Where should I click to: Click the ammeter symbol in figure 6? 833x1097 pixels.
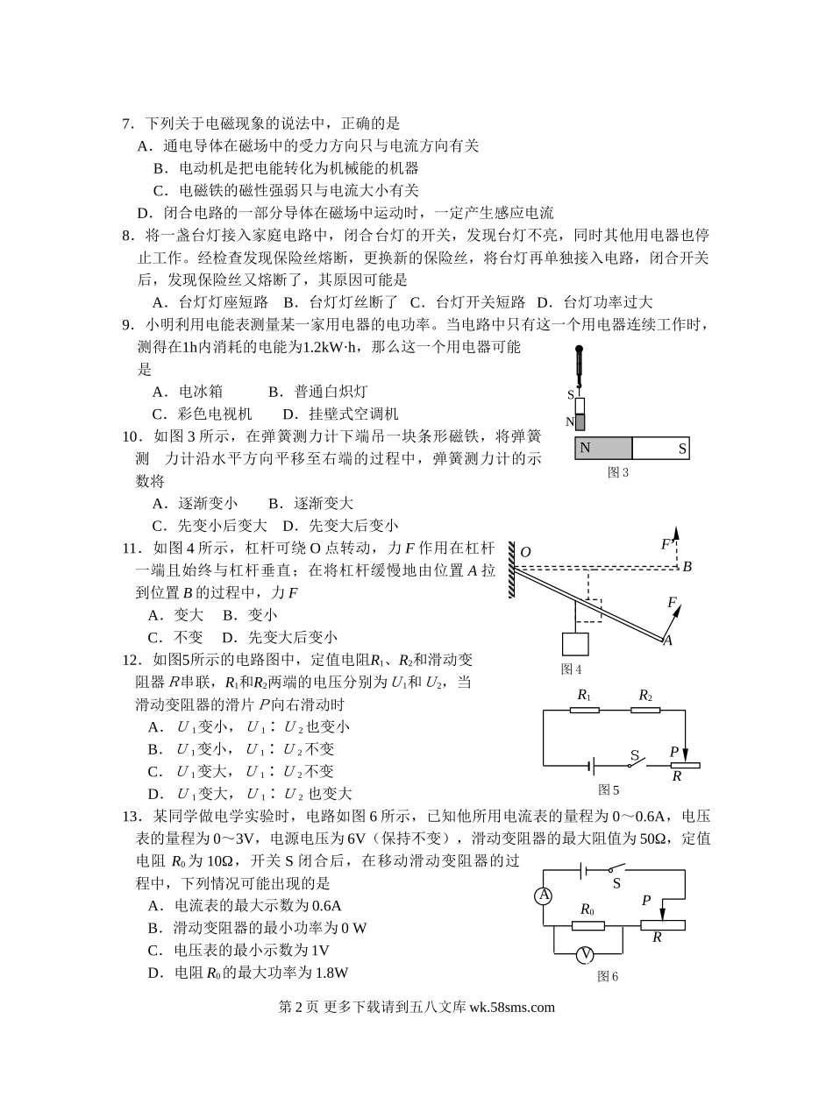click(544, 895)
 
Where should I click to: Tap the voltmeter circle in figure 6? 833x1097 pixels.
click(587, 954)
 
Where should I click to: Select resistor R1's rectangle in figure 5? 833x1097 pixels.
click(584, 709)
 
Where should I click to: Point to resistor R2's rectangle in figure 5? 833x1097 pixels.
click(645, 709)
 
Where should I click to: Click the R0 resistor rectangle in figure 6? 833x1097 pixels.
click(587, 925)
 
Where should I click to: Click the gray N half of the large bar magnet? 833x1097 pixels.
click(603, 448)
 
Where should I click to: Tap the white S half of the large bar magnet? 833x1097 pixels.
click(660, 448)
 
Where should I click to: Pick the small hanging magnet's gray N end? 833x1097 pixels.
click(580, 422)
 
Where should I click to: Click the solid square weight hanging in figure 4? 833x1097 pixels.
click(575, 643)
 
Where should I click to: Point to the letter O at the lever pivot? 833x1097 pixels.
click(526, 552)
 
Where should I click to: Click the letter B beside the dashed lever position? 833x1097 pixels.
click(687, 567)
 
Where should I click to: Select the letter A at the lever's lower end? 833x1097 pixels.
click(667, 641)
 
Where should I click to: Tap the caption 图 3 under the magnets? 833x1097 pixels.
click(618, 472)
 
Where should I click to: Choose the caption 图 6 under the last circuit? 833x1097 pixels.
click(608, 976)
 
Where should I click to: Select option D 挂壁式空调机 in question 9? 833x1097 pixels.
click(340, 414)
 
